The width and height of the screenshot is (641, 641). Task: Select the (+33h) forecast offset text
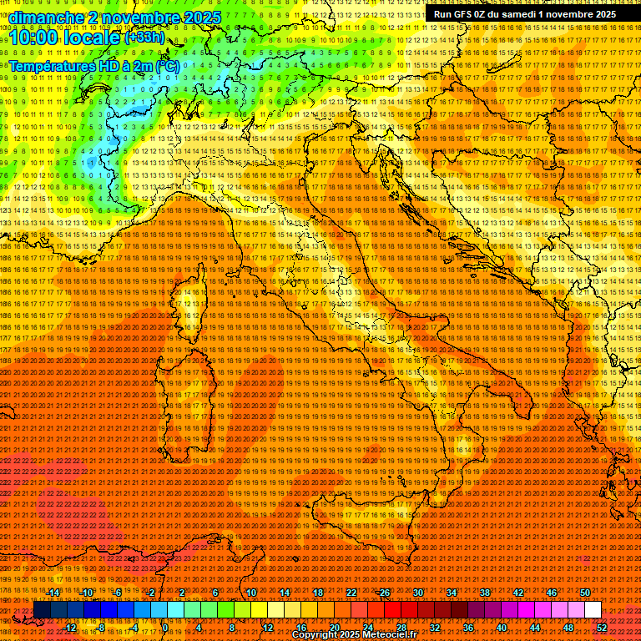(145, 38)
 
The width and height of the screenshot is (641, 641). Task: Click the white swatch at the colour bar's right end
(593, 610)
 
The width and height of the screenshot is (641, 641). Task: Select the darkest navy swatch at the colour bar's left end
(42, 610)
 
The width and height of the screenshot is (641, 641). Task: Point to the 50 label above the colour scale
(584, 593)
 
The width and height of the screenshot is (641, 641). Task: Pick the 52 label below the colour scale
(602, 628)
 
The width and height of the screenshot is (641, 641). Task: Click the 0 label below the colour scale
(165, 628)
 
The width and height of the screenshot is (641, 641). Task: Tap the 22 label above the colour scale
(351, 593)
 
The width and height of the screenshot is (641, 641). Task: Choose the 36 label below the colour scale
(468, 628)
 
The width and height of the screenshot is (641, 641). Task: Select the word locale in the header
(94, 38)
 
